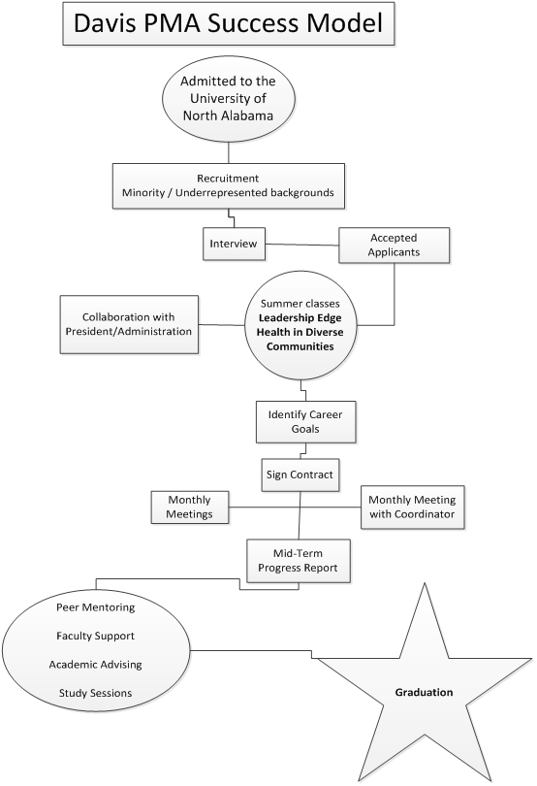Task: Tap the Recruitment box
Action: tap(229, 185)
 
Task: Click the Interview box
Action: tap(234, 244)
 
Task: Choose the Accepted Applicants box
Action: tap(395, 244)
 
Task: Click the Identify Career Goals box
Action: tap(305, 421)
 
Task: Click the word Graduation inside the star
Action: tap(424, 694)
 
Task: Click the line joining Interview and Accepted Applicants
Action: tap(302, 244)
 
